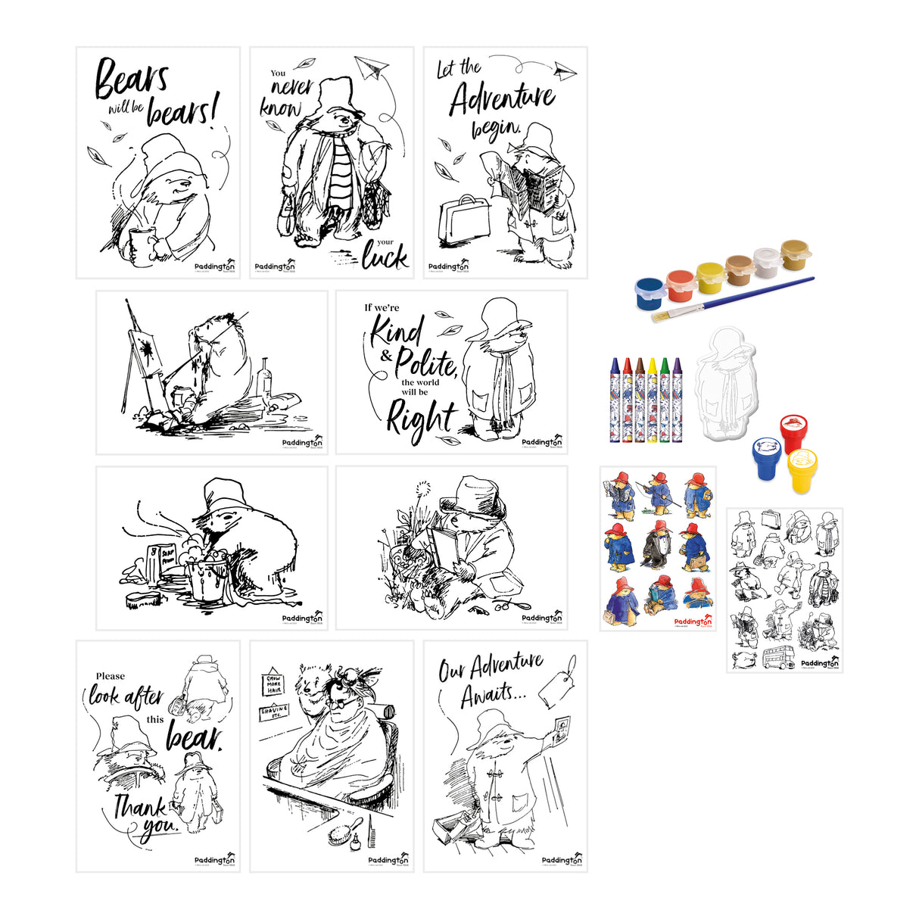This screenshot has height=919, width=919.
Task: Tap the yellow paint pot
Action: [x=710, y=276]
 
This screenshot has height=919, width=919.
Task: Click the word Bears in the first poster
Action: [x=132, y=79]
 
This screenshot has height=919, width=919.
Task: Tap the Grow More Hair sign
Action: [x=273, y=685]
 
